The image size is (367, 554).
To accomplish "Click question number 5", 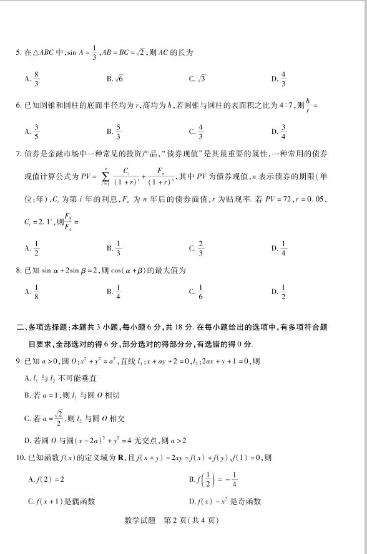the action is pos(19,52).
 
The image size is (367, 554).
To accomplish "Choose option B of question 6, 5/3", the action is pos(115,131).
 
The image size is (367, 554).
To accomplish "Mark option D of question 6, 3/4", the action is pos(280,131).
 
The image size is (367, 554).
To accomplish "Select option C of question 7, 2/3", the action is pos(197,247).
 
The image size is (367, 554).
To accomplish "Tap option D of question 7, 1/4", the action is pos(280,247).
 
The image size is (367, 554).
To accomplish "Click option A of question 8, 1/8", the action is pos(32,291).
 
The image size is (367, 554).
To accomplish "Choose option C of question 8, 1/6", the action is pos(197,291).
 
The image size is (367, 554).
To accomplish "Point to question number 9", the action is pos(19,361).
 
